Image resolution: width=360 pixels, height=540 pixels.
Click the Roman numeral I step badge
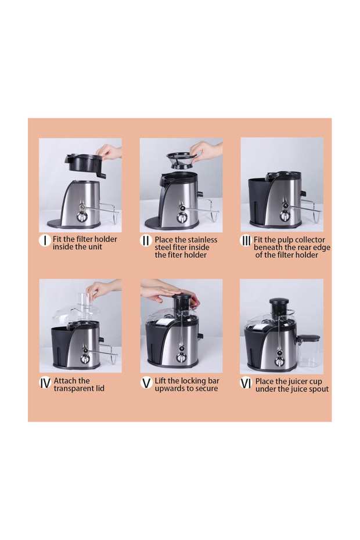(x=45, y=240)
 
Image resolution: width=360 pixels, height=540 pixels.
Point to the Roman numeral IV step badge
(x=45, y=383)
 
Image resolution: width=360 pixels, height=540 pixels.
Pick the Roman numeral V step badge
(x=146, y=383)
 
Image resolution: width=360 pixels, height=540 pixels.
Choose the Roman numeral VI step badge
(x=246, y=383)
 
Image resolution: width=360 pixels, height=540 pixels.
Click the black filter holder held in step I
(x=85, y=164)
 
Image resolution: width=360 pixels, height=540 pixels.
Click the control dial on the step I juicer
(x=81, y=217)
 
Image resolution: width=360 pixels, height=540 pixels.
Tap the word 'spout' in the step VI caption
(x=318, y=389)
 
